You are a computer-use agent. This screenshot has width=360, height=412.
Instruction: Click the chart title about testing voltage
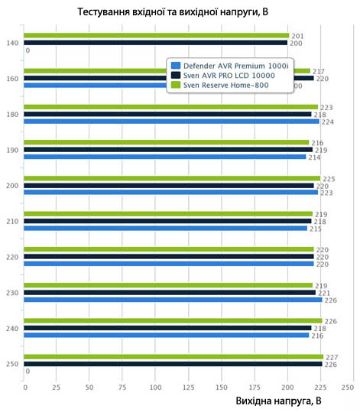(173, 11)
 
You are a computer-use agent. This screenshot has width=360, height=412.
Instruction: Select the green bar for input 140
(157, 35)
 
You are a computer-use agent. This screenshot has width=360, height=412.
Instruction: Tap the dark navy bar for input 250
(173, 364)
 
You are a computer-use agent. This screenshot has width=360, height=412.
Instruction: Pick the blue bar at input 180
(171, 122)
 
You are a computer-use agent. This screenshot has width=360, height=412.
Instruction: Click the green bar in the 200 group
(172, 178)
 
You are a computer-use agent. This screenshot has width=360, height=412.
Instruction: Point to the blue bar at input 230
(173, 300)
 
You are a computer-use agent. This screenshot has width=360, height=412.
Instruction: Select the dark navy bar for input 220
(169, 257)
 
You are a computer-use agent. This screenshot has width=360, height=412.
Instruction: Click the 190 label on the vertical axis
(12, 151)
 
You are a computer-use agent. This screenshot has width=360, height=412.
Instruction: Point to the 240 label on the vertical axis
(12, 329)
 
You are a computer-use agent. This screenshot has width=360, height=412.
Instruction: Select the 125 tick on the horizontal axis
(189, 388)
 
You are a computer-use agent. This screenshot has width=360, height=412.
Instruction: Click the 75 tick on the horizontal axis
(122, 388)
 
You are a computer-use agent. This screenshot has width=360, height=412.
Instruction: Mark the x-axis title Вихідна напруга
(278, 401)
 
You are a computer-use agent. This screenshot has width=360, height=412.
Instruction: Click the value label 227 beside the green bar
(332, 358)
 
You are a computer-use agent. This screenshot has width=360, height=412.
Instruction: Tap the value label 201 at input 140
(297, 36)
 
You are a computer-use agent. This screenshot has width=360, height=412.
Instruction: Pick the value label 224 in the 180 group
(328, 122)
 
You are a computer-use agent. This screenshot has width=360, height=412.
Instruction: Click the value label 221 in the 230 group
(324, 293)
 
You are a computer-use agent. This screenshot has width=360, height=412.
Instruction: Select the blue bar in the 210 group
(166, 228)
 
